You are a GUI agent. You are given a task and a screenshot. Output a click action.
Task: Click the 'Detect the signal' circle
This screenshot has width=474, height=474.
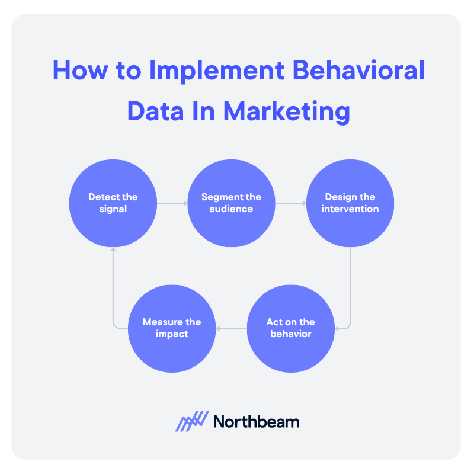coord(113,203)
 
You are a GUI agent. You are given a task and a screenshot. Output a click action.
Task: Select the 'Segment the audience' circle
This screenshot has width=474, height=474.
coord(231,203)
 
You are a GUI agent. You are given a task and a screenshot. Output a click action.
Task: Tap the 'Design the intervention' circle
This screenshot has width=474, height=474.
coord(350,203)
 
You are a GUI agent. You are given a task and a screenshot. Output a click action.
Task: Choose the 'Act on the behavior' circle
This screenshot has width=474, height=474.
coord(290,328)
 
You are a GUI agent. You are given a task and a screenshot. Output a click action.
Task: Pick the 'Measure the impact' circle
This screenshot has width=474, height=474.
coord(172,328)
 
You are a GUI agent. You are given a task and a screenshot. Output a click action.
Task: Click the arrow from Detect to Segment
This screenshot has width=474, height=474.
coord(172,203)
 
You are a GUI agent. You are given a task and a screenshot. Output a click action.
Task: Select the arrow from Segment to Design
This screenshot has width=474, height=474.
coord(290,203)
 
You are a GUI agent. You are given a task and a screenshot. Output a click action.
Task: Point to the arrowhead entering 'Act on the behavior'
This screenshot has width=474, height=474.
coord(337,328)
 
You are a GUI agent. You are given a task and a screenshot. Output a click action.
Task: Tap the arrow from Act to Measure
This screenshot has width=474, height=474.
coord(231,328)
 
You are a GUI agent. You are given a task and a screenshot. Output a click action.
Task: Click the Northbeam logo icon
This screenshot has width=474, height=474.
coord(192,421)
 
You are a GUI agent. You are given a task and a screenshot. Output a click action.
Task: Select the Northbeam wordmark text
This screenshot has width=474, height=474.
coord(256,422)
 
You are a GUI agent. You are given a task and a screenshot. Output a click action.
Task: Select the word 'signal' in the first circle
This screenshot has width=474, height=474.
coord(113,209)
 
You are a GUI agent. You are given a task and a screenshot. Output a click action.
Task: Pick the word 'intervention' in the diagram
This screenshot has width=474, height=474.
coord(350,209)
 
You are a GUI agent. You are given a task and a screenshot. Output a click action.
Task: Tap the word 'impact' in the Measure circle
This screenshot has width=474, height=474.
coord(172,334)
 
